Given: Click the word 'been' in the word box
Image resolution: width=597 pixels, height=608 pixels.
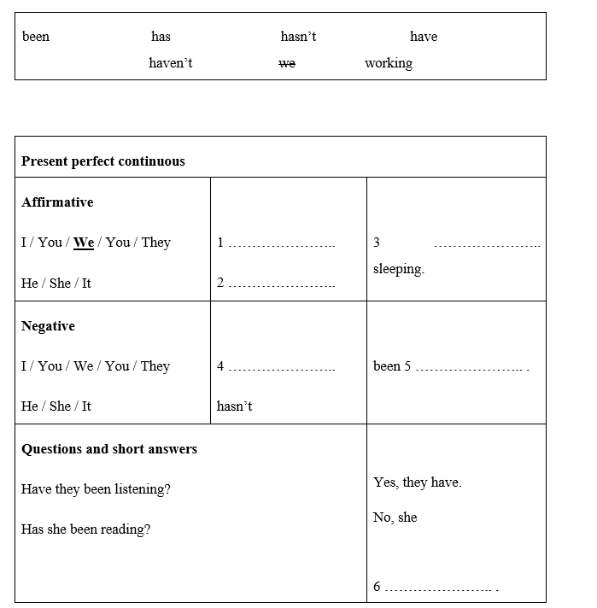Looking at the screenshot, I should (36, 37).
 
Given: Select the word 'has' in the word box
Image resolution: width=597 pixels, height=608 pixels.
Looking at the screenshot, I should (161, 37).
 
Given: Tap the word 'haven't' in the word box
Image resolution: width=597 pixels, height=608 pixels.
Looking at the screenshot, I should (170, 63).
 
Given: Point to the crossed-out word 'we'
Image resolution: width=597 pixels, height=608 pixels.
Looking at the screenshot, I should (287, 63).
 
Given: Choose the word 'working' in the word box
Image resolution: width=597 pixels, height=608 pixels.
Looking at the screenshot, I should (388, 63).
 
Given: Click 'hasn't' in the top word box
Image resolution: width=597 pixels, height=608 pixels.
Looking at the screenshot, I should (298, 37).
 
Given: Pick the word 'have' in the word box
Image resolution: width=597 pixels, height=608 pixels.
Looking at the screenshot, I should (424, 37).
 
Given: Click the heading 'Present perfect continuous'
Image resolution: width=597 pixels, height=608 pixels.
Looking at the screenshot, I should (102, 161).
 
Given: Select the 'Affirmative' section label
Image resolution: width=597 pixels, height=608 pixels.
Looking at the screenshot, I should (57, 202).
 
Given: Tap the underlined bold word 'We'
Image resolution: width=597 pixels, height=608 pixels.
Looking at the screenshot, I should (84, 243).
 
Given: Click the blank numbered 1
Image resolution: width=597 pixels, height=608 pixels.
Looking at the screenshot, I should (282, 243).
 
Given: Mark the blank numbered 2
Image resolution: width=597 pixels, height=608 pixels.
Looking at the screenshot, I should (282, 284).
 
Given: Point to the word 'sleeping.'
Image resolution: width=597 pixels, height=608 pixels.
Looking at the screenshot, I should (399, 269).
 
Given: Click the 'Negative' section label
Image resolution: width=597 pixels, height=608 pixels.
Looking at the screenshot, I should (48, 326).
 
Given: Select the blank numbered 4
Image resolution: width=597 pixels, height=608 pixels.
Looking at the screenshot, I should (282, 367).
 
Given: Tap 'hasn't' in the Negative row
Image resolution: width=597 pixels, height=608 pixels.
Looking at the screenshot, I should (234, 406).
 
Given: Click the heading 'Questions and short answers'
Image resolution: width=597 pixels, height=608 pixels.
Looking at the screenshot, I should (109, 449).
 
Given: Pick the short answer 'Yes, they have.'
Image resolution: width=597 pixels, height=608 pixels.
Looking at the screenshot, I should (417, 482).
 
